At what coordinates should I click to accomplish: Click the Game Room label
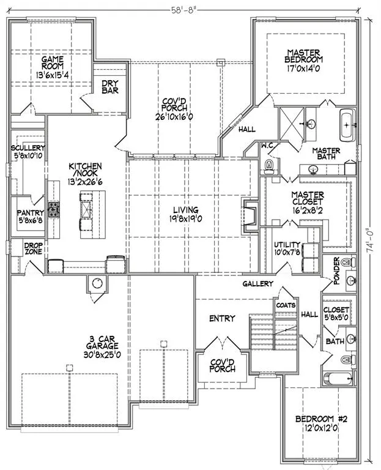coord(53,62)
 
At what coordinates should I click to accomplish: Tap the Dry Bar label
coord(110,87)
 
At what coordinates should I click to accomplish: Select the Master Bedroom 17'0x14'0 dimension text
coord(304,69)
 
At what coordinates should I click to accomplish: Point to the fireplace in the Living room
coord(250,214)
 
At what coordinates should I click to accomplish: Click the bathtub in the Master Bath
coord(347,125)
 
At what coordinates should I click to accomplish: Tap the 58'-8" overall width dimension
coord(183,10)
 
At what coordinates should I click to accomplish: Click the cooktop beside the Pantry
coord(53,209)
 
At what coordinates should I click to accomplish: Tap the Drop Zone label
coord(34,248)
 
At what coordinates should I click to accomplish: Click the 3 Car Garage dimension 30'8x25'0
coord(103,354)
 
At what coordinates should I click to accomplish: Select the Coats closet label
coord(286,305)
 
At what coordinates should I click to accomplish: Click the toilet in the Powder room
coord(349,263)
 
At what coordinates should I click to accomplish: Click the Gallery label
coord(258,283)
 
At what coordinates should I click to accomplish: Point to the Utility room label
coord(287,245)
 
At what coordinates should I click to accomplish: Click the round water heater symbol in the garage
coord(97,283)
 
